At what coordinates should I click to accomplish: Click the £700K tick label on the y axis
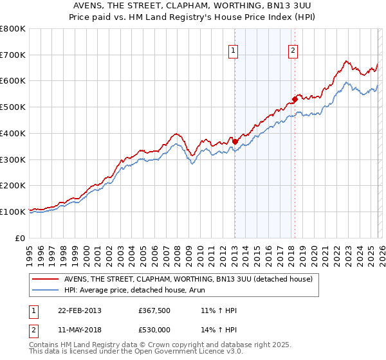[13, 55]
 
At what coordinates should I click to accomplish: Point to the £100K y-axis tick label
[13, 212]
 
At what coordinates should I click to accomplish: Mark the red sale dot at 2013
[235, 141]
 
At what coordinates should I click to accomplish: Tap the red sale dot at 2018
[295, 99]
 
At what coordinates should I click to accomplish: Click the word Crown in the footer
[156, 345]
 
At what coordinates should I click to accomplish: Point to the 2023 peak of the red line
[346, 61]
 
